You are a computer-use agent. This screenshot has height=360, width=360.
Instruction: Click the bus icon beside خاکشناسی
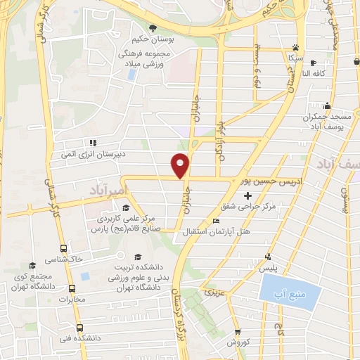pos(64,248)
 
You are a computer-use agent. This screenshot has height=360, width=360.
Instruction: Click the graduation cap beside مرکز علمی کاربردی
pos(126,207)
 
